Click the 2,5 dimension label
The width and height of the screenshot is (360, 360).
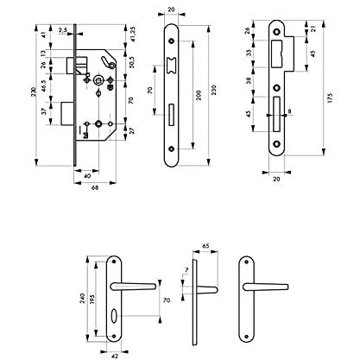(62, 30)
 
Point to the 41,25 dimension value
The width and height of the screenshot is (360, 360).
(133, 35)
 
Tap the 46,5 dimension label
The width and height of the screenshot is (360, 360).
(43, 85)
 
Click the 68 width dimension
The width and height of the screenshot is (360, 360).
(95, 187)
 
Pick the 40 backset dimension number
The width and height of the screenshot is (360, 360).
(87, 176)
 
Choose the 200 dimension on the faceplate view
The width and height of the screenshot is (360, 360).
(199, 95)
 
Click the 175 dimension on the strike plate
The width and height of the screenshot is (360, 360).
(330, 98)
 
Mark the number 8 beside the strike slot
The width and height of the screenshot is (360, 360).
(289, 111)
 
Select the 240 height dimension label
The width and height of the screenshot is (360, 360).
(83, 300)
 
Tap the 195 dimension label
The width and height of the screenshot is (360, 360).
(92, 300)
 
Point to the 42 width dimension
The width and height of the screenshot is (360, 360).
(115, 357)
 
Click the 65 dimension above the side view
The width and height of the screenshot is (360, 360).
(205, 246)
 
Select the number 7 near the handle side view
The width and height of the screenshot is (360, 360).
(186, 270)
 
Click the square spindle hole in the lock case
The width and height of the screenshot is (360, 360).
(99, 79)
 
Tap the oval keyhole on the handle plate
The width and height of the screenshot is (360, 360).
(114, 313)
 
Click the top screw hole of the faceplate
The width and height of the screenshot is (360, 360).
(172, 41)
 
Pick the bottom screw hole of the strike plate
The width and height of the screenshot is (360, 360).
(277, 144)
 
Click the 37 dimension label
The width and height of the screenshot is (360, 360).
(43, 111)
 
